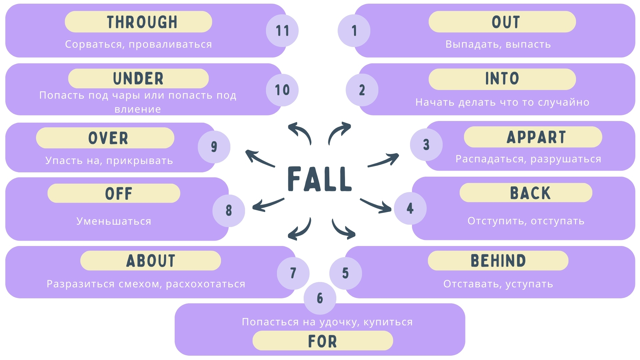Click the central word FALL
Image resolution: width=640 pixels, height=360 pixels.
point(320,179)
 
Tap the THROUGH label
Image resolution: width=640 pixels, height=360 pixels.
point(142,22)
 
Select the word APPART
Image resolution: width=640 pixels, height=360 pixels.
point(536,137)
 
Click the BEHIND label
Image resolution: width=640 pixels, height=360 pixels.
point(498,261)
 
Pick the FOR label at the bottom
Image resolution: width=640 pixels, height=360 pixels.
point(322,341)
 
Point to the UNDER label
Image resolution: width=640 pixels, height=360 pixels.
point(138,79)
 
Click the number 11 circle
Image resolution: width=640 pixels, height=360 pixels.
point(282,31)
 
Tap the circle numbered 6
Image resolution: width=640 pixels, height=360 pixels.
point(320,298)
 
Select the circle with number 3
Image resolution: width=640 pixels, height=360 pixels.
point(426,145)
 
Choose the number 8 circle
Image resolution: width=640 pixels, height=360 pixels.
point(229,211)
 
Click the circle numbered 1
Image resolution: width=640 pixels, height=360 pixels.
point(354,31)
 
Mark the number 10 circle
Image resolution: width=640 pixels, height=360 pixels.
point(282,90)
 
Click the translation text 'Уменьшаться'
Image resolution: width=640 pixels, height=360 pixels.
point(114,221)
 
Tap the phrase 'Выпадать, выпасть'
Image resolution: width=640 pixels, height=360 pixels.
point(498,44)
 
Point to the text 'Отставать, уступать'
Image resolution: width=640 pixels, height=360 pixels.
point(498,284)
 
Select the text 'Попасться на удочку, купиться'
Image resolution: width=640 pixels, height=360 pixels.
point(327,322)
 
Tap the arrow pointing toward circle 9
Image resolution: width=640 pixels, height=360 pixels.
point(260,158)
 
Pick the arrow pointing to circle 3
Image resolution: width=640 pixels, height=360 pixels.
point(383,160)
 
